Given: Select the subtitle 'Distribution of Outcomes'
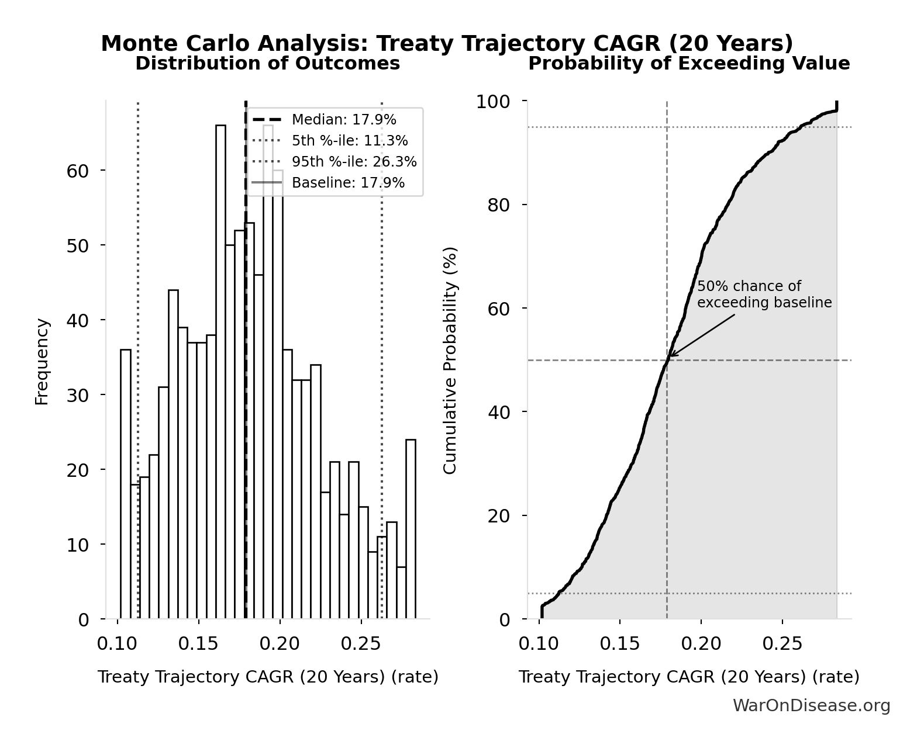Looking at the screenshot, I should point(268,63).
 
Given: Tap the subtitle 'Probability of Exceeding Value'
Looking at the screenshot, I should point(689,63).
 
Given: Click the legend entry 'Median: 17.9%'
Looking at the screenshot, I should point(344,120).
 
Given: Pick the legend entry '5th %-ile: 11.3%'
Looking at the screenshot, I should point(350,141).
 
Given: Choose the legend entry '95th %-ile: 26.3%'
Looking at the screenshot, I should point(354,162).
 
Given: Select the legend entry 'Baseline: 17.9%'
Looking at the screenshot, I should point(348,183).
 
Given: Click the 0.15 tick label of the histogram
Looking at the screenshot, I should point(198,644).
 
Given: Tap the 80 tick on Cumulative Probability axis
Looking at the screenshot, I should point(498,205).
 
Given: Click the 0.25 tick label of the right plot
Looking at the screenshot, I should point(782,644).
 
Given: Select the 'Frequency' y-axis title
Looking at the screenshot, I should point(42,361).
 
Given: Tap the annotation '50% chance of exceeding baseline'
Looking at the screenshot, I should point(764,295).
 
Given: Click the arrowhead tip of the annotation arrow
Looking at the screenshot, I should point(670,356).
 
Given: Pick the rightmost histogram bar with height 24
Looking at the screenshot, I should point(411,529).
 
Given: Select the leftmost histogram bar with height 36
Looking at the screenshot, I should point(126,484).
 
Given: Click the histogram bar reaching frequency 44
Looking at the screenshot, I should point(173,454).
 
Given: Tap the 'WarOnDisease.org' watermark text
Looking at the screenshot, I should point(811,706).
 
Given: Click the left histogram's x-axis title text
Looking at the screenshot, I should point(268,677).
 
